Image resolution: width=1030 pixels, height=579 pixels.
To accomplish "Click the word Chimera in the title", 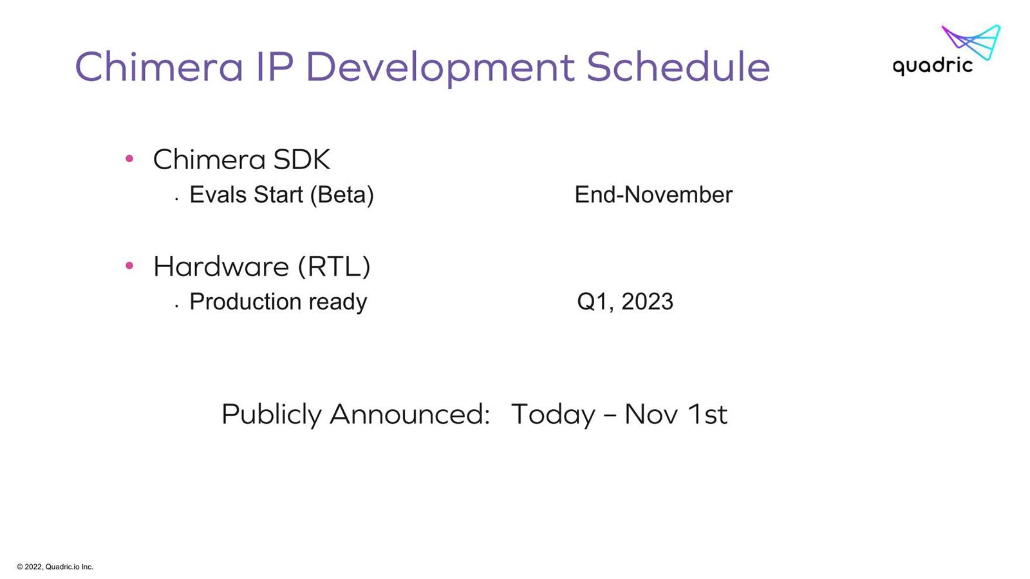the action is click(x=159, y=67).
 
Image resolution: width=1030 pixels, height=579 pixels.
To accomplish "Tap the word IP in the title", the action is click(x=274, y=67).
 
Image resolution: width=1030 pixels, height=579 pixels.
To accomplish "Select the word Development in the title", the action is click(x=440, y=68).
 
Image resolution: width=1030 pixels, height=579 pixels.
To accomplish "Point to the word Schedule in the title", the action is click(x=679, y=67).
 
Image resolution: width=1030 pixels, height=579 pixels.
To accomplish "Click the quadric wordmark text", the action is click(x=933, y=66).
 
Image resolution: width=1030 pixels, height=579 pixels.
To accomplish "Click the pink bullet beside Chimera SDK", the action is click(x=129, y=158).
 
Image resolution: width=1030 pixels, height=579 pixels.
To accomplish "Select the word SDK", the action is click(x=301, y=160).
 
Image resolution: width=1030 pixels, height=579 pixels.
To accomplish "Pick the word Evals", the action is click(x=219, y=194).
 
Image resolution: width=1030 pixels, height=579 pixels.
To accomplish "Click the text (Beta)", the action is click(x=342, y=195).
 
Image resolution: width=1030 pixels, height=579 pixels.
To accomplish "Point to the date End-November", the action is click(x=653, y=194).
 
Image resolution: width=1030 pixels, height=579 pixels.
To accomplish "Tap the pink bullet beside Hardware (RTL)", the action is click(x=129, y=265).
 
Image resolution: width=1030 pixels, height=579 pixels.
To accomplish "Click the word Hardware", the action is click(x=221, y=266).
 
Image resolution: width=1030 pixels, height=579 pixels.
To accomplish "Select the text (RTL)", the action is click(x=334, y=266).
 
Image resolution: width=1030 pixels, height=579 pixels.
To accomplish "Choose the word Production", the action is click(x=245, y=302).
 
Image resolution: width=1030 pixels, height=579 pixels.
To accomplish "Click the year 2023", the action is click(x=647, y=302).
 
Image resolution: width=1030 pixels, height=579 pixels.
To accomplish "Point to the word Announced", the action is click(x=409, y=414).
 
